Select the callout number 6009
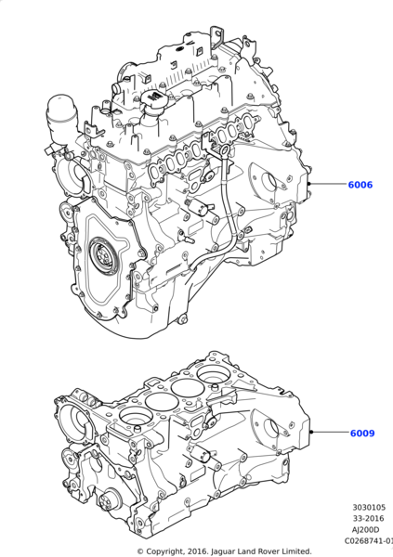(x=361, y=433)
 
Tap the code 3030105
(x=369, y=508)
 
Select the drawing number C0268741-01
(x=368, y=540)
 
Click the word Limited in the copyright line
(x=294, y=551)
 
